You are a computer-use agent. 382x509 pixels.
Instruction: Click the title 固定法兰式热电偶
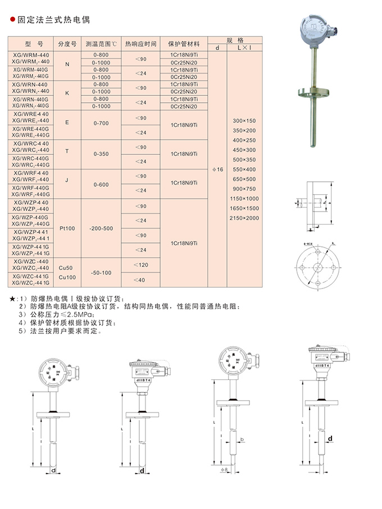tap(53, 19)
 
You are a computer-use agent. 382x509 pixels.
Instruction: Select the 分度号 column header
tap(67, 44)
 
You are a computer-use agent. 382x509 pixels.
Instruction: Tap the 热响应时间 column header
tap(140, 44)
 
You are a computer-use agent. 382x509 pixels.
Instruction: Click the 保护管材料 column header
tap(184, 44)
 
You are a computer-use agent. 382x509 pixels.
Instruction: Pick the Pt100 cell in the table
tap(67, 228)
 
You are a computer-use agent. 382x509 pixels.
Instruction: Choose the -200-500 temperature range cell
tap(101, 228)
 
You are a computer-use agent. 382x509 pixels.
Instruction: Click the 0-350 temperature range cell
tap(101, 154)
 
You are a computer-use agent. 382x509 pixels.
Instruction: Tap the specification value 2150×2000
tap(244, 218)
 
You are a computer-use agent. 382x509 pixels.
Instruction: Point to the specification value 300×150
tap(244, 121)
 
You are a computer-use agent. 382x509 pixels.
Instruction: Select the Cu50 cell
tap(67, 268)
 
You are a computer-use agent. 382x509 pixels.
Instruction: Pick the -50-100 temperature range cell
tap(101, 272)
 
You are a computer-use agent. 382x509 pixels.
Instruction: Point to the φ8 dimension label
tap(224, 468)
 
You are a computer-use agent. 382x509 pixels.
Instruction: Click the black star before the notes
tap(13, 298)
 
